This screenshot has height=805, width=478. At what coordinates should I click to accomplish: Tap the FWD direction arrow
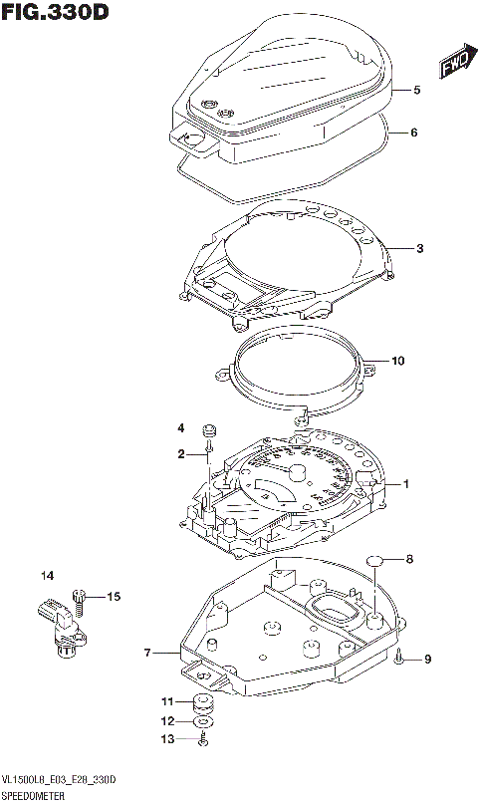(x=454, y=64)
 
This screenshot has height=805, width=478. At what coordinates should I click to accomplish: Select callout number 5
(x=417, y=91)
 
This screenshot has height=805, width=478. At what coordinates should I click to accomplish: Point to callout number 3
(x=420, y=248)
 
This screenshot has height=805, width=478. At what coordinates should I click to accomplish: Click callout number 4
(x=181, y=428)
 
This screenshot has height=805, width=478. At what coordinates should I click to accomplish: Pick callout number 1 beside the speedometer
(x=406, y=484)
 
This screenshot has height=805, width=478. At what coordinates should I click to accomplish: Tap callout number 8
(x=408, y=560)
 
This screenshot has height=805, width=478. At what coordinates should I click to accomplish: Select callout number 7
(x=146, y=654)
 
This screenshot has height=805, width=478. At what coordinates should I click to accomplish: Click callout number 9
(x=428, y=659)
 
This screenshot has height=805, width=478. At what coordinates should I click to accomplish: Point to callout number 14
(x=46, y=576)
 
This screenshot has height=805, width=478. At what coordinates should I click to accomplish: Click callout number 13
(x=167, y=738)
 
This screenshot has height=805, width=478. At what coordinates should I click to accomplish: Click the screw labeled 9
(x=398, y=656)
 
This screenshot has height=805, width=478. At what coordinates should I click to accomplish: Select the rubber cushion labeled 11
(x=202, y=702)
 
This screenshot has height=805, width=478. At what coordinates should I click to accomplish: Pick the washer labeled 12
(x=202, y=720)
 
